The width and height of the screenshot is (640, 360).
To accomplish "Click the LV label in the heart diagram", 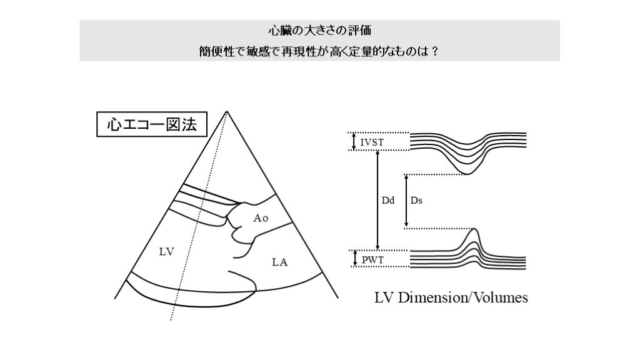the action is pos(166,252).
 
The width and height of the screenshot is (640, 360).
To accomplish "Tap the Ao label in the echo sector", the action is pos(261,218).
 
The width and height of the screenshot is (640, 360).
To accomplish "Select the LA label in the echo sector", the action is pos(279,262).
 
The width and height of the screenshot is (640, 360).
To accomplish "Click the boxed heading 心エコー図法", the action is pos(152,124).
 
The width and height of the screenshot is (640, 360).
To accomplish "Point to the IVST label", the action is pos(372,142).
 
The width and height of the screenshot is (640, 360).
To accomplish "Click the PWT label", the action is pos(372,259).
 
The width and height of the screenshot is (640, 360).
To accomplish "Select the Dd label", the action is pos(387,201).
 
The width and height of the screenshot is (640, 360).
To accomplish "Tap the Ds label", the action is pos(416,201).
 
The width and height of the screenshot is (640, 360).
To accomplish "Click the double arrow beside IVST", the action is pos(354,141).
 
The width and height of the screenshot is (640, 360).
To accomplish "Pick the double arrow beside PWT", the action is pos(355,258).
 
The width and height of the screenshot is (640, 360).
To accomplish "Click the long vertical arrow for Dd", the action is pos(377,200).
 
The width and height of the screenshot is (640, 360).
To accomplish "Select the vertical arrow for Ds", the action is pos(406,201).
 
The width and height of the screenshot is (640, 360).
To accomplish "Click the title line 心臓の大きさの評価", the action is pos(319,31).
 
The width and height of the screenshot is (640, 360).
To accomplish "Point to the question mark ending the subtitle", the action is pos(435,51).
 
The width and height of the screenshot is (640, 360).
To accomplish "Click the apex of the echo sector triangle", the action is pos(226,111).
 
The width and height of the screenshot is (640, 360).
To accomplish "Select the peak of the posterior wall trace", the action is pos(474,229).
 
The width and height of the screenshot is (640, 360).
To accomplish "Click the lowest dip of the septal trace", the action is pos(468,174).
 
